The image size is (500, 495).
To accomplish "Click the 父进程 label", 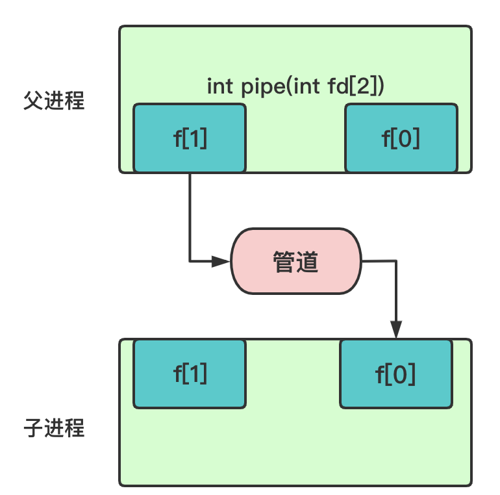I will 54,101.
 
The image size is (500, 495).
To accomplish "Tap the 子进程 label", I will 54,429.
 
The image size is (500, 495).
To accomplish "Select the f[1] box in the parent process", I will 190,138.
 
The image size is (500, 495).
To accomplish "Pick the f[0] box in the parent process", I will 400,138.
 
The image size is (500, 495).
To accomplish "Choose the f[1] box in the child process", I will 190,374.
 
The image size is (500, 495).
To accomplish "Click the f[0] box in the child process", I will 395,374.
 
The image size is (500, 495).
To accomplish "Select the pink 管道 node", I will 295,261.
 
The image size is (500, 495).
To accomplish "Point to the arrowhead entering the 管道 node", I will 222,262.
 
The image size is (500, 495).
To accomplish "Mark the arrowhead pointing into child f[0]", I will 395,330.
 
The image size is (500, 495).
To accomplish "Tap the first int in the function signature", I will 219,86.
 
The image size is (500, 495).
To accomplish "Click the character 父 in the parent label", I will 33,101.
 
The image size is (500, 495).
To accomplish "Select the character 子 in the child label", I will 33,429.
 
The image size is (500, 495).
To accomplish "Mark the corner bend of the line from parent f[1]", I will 190,262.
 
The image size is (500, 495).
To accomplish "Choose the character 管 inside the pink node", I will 284,261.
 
